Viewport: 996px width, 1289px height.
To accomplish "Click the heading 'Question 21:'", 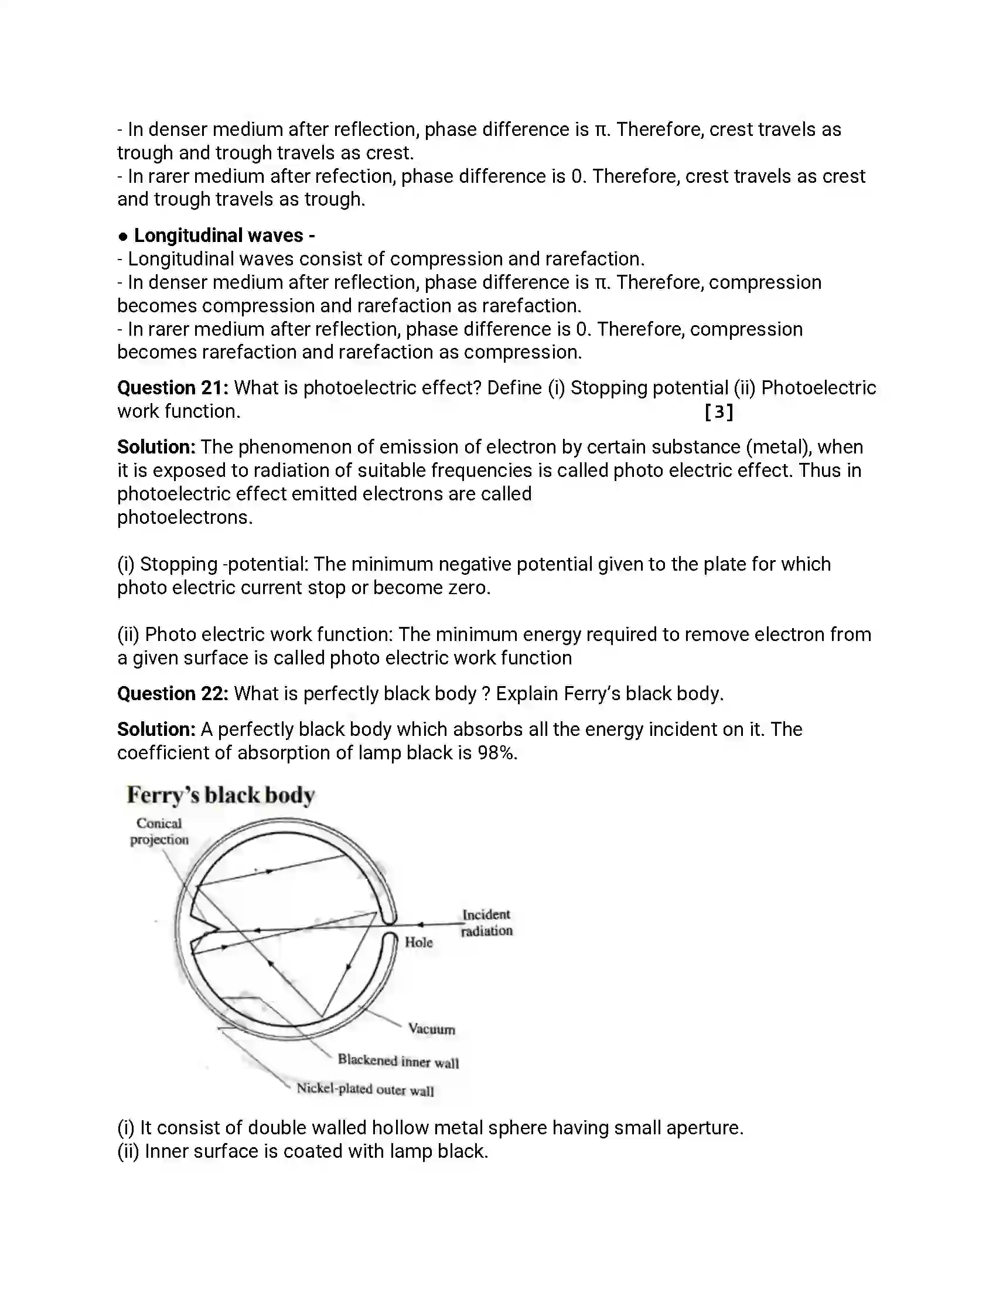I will coord(172,388).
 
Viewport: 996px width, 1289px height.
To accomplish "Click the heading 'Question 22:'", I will coord(172,694).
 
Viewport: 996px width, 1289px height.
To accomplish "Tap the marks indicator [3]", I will coord(719,412).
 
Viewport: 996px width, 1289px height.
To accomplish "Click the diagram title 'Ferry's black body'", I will coord(221,796).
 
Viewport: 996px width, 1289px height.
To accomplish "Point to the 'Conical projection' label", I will coord(159,831).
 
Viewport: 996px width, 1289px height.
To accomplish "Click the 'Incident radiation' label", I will coord(486,922).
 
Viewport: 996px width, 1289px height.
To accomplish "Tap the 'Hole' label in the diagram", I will coord(418,943).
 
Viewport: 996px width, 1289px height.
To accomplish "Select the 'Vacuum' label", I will coord(431,1029).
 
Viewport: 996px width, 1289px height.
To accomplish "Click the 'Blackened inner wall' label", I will coord(398,1061).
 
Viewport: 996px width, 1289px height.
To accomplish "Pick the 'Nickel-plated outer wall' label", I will coord(364,1090).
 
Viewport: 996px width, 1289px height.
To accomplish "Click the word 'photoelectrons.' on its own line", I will coord(185,517).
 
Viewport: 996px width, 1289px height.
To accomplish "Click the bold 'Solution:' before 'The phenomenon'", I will coord(156,448).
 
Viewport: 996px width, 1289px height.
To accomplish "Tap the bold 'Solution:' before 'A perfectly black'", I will coord(156,729).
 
